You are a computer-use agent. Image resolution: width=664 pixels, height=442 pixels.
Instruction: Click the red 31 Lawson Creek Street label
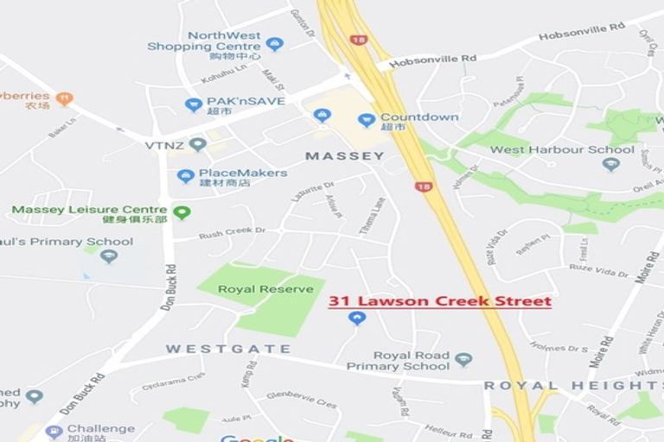pos(439,301)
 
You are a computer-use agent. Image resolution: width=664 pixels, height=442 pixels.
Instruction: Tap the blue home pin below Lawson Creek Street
pos(356,319)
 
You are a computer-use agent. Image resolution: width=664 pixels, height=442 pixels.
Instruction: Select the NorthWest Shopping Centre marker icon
pos(275,44)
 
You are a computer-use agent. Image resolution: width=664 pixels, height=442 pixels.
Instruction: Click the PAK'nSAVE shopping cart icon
pos(193,104)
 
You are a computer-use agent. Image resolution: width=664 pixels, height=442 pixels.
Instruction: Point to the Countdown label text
pos(419,117)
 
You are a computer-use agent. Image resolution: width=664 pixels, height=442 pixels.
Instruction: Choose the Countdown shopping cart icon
pos(367,120)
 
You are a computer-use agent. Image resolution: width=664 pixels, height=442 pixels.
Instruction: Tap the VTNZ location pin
pos(198,144)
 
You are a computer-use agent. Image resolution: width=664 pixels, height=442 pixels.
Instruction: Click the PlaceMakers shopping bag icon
pos(185,176)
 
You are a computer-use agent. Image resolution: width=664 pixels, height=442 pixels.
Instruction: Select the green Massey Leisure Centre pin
pos(181,212)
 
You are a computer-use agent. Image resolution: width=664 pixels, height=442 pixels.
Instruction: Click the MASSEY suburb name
pos(345,156)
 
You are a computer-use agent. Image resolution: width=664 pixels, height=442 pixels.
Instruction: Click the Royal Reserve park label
pos(265,289)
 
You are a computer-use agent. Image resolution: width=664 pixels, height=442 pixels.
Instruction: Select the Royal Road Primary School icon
pos(463,360)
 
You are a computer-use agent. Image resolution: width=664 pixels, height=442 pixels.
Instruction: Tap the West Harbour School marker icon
pos(611,164)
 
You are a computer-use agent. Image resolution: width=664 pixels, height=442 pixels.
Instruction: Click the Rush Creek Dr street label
pos(232,233)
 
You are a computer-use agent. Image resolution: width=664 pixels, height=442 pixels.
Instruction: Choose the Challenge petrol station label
pos(101,428)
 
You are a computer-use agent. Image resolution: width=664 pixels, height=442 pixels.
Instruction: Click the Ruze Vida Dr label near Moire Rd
pos(598,272)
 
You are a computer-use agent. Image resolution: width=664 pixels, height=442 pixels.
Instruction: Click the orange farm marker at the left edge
pos(64,98)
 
